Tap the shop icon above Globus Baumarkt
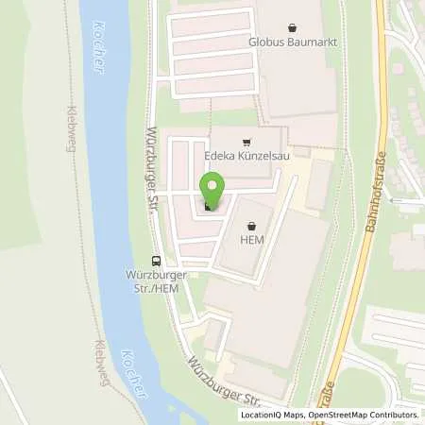coord(290,27)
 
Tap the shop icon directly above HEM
coord(252,227)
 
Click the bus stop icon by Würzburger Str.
coord(156,261)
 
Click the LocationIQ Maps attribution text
coord(275,415)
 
